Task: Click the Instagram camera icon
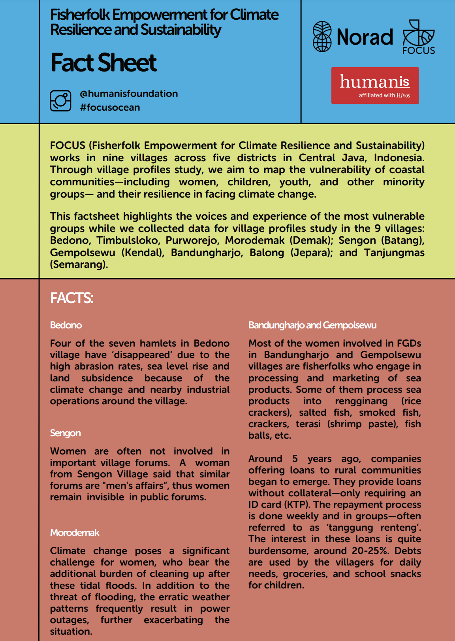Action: pos(60,100)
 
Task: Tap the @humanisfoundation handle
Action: pos(129,94)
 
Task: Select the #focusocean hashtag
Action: pos(110,107)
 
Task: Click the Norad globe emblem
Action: pos(322,37)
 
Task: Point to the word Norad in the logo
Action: pos(365,37)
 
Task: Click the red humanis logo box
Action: pos(375,85)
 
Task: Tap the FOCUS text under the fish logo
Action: pos(419,51)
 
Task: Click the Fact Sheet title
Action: pos(103,63)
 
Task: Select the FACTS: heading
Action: pos(71,298)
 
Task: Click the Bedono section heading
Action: pos(66,325)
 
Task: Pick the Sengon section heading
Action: pos(65,433)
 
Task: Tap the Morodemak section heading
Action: pos(75,533)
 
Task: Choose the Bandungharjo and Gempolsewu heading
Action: pos(312,325)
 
